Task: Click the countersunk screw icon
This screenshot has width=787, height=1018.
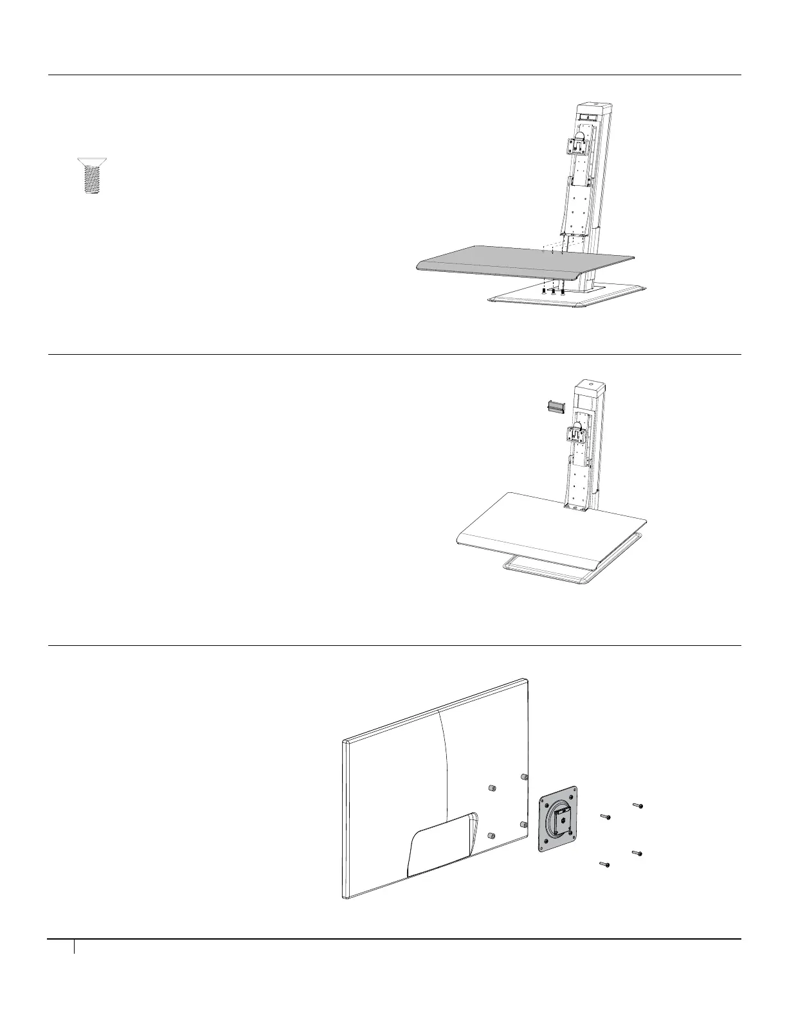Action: [91, 175]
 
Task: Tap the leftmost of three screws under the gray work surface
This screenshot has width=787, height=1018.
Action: [544, 291]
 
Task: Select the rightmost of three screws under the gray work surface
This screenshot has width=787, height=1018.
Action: [563, 291]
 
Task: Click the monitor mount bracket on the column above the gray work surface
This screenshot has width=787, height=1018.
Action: [580, 146]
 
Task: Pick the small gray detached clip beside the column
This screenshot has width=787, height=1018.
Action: [554, 406]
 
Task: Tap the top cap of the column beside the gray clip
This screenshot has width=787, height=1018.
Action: [592, 388]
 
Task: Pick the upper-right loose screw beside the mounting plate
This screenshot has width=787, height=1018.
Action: [637, 805]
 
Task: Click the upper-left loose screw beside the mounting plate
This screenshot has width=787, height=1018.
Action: [604, 816]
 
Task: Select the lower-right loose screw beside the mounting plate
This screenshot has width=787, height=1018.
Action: [637, 853]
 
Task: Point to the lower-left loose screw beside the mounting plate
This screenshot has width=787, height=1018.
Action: [604, 865]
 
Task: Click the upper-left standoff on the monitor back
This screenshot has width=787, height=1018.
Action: [492, 788]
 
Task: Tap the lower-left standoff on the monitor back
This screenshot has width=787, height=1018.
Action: [492, 835]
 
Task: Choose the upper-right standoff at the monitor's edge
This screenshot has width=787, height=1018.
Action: [525, 777]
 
